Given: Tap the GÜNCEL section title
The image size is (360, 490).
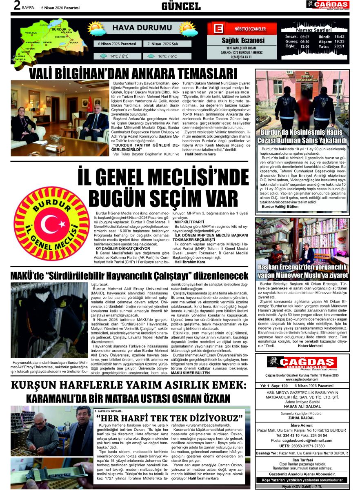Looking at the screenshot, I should tap(181, 6).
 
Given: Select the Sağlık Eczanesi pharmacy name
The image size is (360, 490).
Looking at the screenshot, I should tap(243, 40).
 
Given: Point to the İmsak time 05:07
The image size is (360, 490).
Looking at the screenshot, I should tap(304, 37).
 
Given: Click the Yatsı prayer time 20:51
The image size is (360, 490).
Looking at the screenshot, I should tap(339, 46).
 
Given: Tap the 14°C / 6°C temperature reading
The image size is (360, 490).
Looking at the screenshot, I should tap(119, 56).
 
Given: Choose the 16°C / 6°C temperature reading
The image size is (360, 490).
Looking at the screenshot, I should tap(167, 56).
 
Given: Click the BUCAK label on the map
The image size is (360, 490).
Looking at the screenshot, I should tap(74, 42).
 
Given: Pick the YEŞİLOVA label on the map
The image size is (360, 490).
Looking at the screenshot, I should tap(31, 33).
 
